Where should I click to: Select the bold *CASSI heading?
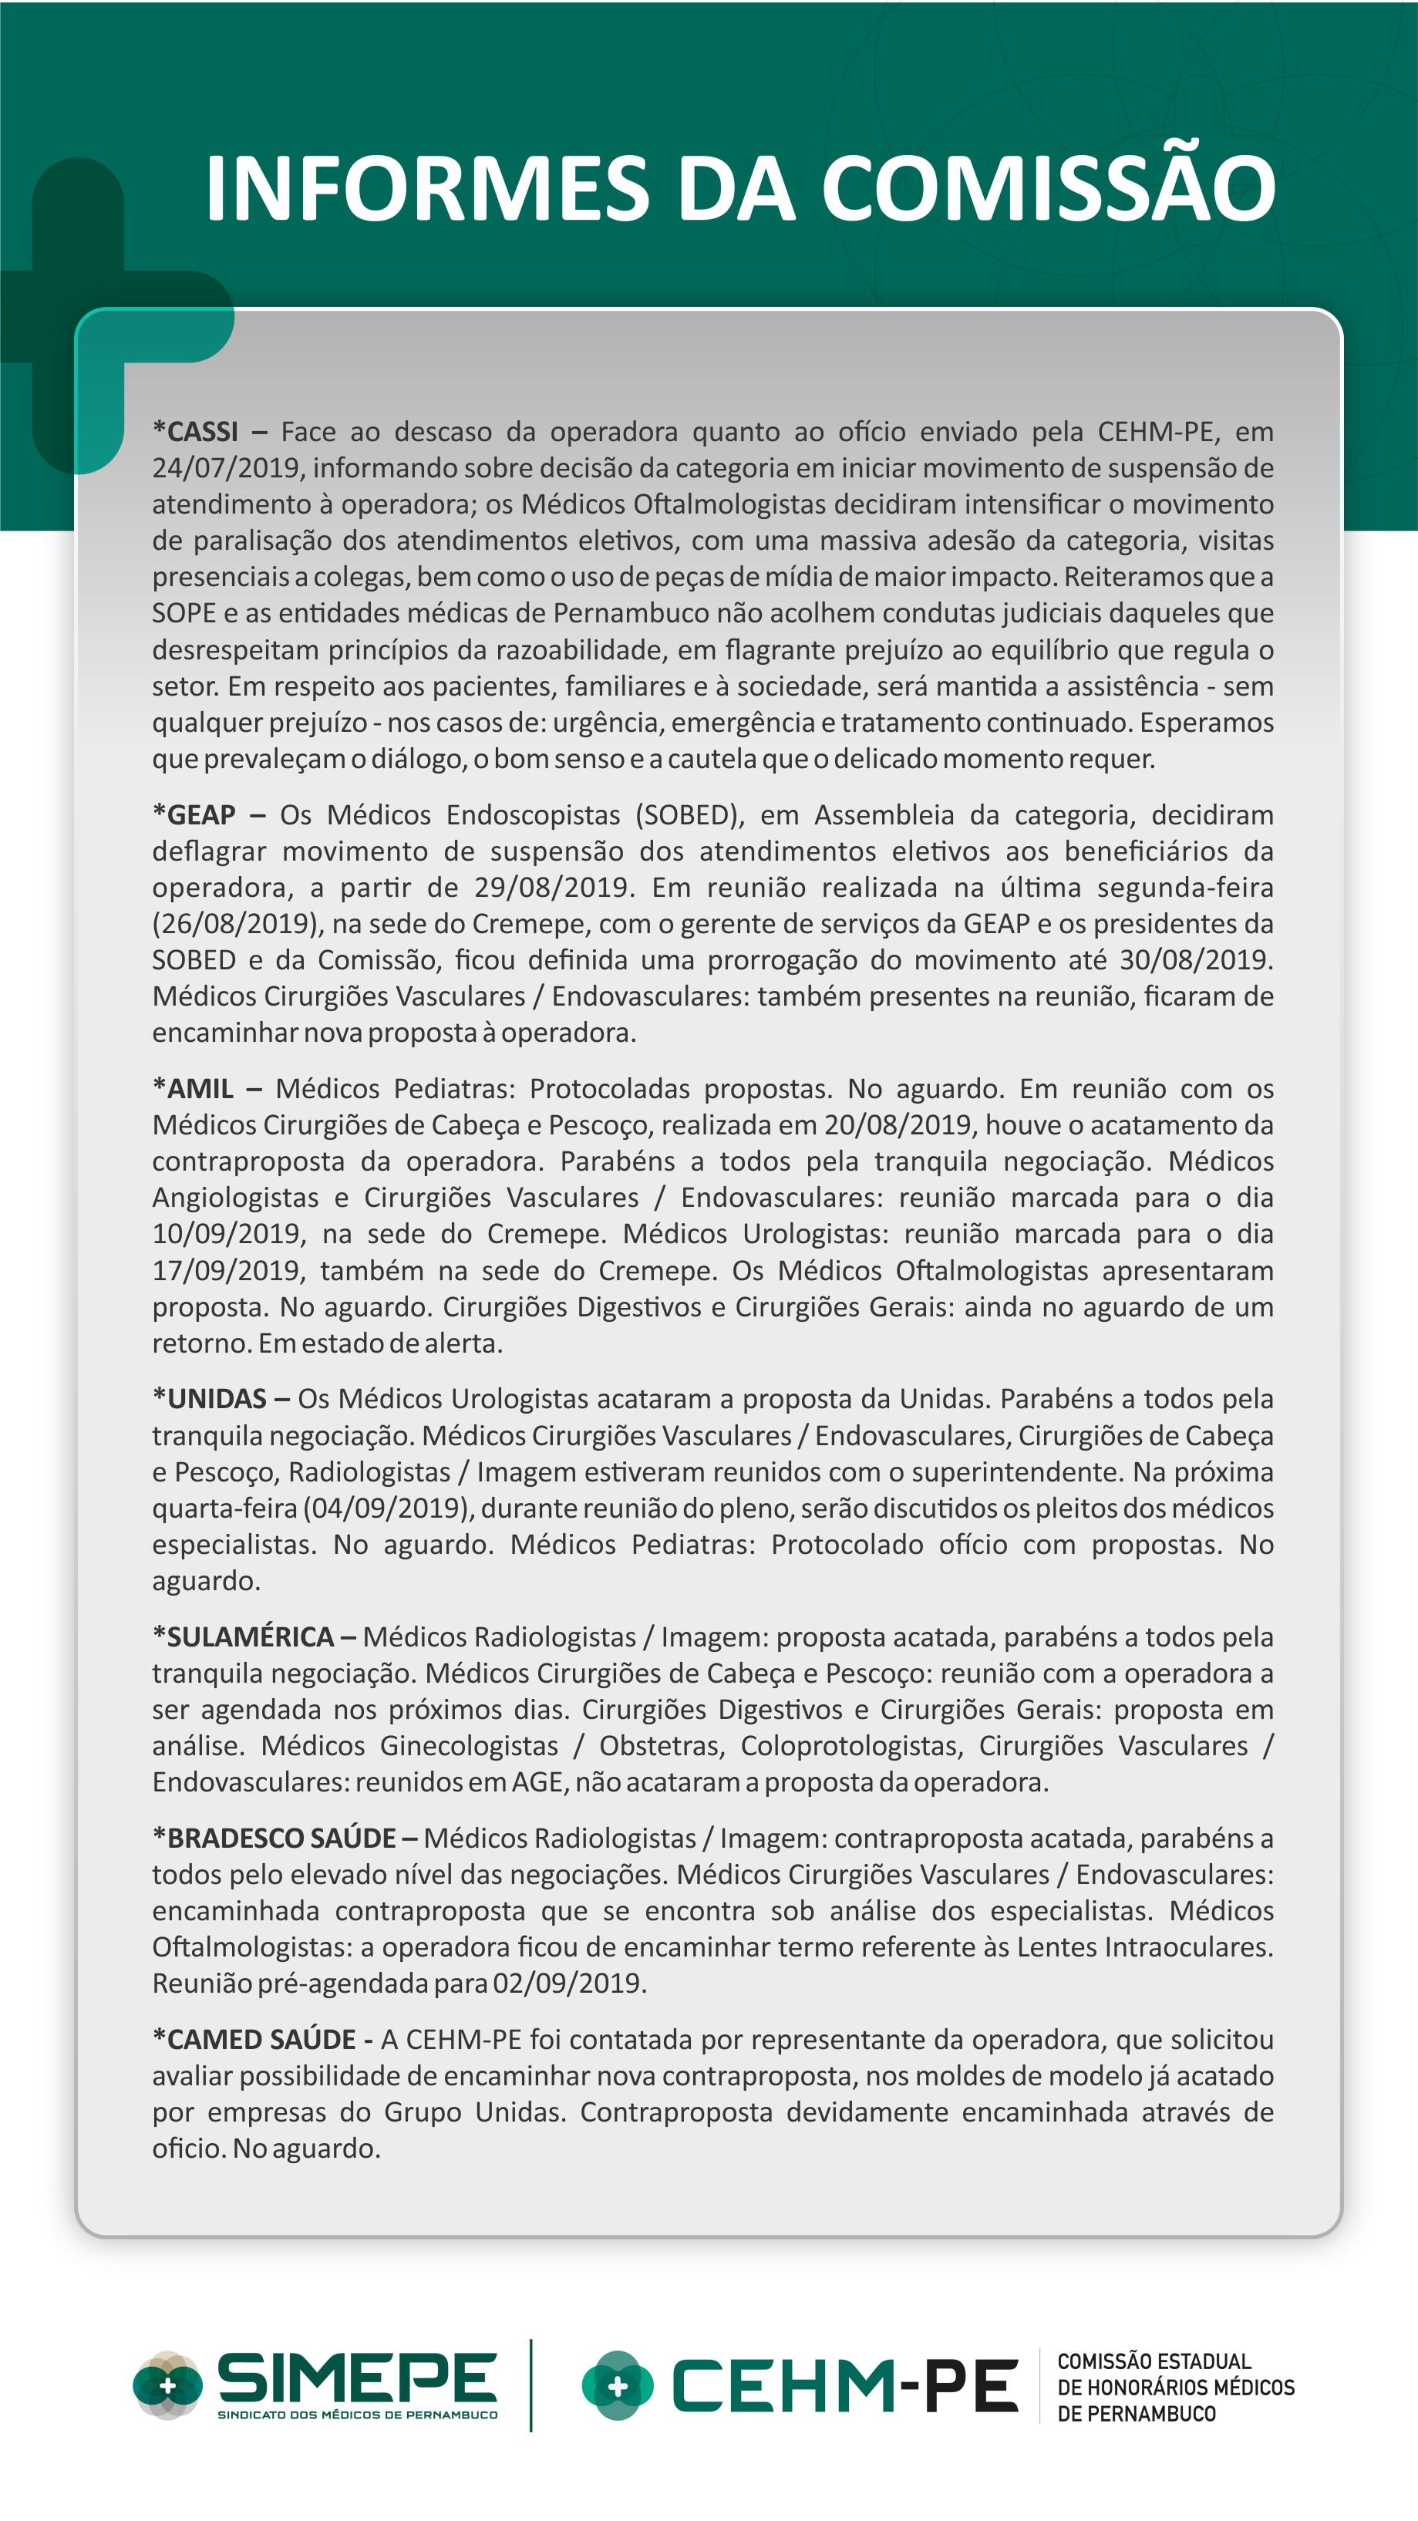point(196,432)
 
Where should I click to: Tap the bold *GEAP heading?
point(195,814)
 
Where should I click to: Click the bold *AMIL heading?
point(194,1088)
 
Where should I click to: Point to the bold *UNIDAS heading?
point(210,1398)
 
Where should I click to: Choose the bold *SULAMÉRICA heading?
point(244,1636)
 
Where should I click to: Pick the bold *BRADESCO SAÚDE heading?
point(274,1838)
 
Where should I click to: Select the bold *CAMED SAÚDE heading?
point(254,2040)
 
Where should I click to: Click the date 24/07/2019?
point(226,468)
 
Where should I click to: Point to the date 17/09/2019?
point(226,1270)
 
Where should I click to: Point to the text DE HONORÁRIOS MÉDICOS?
point(1175,2388)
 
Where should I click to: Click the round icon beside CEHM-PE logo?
point(618,2386)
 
